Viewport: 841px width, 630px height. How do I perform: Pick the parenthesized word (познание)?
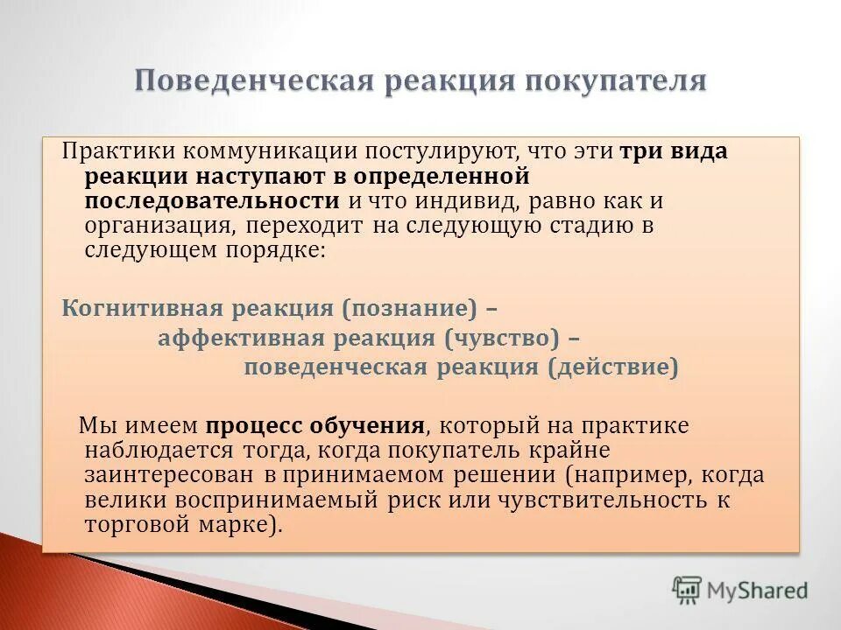coord(409,309)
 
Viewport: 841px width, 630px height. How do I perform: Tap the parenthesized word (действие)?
coord(613,367)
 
